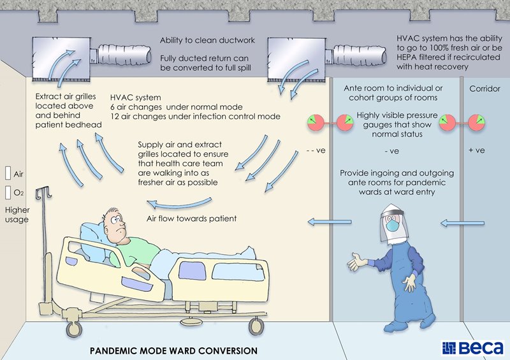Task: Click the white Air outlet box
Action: [8, 173]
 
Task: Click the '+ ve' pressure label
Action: [477, 151]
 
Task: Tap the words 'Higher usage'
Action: [17, 215]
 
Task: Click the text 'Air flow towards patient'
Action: [192, 219]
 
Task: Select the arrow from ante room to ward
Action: [323, 222]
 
